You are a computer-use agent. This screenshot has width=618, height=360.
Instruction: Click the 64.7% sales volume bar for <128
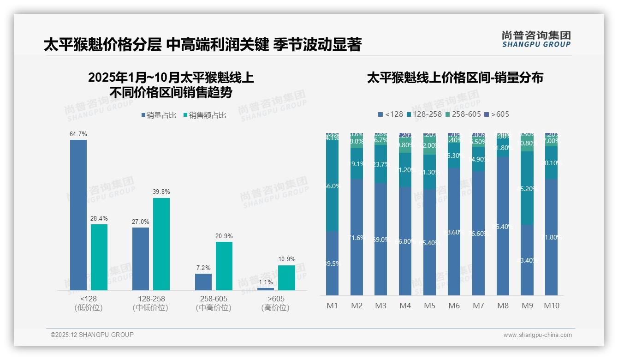[78, 215]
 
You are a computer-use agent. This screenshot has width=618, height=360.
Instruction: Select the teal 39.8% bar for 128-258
[161, 244]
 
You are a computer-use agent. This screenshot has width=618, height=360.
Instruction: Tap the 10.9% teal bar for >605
[286, 277]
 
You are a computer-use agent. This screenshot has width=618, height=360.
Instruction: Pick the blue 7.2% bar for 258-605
[203, 282]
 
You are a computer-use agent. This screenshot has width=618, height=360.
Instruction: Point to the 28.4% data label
[99, 218]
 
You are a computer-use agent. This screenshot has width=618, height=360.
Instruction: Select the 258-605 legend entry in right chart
[463, 114]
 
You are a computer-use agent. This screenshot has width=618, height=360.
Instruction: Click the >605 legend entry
[497, 114]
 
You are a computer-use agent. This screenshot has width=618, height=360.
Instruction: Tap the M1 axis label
[333, 306]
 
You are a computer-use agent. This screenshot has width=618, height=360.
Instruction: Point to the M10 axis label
[551, 306]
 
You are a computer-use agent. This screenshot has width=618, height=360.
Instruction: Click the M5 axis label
[429, 306]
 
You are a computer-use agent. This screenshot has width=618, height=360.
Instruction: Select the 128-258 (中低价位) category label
[150, 303]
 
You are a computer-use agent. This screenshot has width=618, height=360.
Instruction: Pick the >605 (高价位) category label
[275, 303]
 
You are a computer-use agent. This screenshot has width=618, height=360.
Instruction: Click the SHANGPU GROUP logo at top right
[536, 39]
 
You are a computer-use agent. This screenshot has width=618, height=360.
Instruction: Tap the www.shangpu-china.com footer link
[537, 335]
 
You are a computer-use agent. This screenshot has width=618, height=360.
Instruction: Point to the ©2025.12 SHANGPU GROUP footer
[92, 335]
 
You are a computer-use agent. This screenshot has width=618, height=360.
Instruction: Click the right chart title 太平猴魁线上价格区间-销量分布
[455, 78]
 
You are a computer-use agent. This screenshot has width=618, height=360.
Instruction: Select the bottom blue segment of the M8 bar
[503, 226]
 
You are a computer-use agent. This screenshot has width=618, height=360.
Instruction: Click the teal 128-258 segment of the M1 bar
[333, 186]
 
